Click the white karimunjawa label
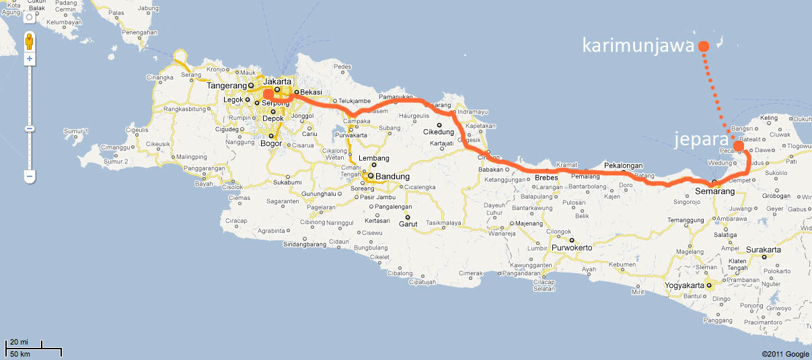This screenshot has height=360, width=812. point(637,46)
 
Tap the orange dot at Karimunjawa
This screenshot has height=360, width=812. point(703,46)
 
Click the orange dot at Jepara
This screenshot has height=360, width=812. point(738,146)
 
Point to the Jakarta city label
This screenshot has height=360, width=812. point(277,81)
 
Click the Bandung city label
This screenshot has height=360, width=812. point(392,176)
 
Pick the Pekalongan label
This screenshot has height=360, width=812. point(624,165)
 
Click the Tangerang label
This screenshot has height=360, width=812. point(226,85)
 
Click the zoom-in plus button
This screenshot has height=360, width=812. point(30,59)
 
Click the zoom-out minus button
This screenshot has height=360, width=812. point(30,177)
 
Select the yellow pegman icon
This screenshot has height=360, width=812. point(30,43)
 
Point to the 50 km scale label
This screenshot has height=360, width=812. point(21,354)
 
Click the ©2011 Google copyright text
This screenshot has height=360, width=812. point(785,354)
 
